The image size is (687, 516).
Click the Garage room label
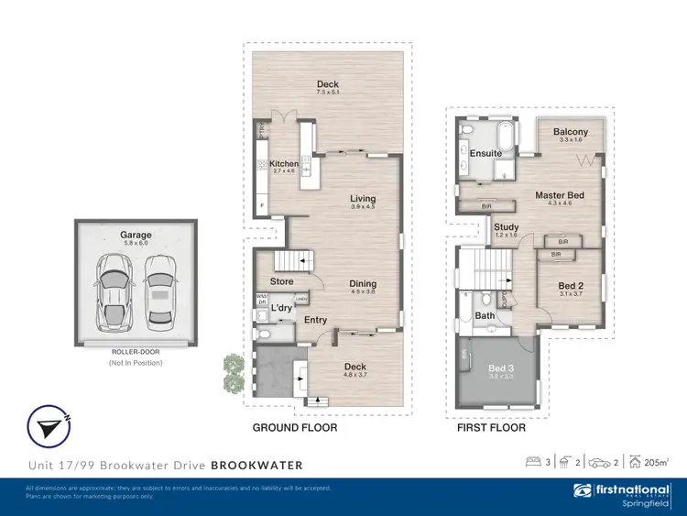pyautogui.click(x=136, y=236)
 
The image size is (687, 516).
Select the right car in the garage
pyautogui.click(x=159, y=288)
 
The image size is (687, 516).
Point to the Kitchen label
pyautogui.click(x=284, y=164)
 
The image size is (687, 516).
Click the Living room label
pyautogui.click(x=363, y=199)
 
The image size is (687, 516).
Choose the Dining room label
pyautogui.click(x=363, y=284)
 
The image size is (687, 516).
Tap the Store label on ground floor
pyautogui.click(x=282, y=281)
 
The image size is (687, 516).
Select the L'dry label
pyautogui.click(x=281, y=309)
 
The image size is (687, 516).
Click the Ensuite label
pyautogui.click(x=485, y=153)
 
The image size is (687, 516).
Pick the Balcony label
pyautogui.click(x=571, y=132)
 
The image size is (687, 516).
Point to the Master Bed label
pyautogui.click(x=560, y=195)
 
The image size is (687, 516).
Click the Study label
pyautogui.click(x=506, y=227)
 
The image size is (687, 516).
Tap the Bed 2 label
pyautogui.click(x=571, y=286)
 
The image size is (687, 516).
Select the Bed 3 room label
pyautogui.click(x=499, y=368)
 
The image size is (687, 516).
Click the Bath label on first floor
pyautogui.click(x=485, y=316)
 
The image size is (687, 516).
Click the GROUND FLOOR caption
pyautogui.click(x=295, y=428)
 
